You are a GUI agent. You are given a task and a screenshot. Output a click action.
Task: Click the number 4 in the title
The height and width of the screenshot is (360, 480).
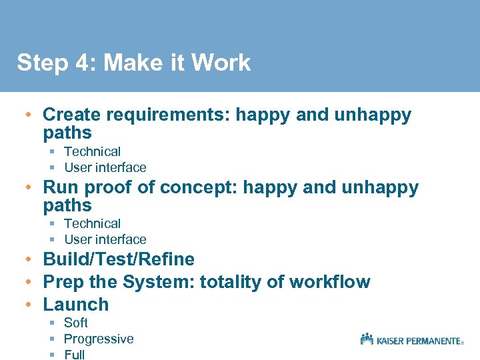pos(82,63)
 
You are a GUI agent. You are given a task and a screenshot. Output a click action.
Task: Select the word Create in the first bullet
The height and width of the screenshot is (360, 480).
pos(73,115)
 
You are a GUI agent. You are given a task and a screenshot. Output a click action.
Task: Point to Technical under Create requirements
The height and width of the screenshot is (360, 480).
pos(92,152)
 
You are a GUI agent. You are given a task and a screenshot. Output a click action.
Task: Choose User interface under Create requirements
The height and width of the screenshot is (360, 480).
pos(105,168)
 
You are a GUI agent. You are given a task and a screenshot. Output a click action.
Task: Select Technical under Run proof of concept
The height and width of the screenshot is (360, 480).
pos(92,224)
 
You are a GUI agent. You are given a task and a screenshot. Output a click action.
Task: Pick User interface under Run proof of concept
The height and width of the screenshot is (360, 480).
pos(105,240)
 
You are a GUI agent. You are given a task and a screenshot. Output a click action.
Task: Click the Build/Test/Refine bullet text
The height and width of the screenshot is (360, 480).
pos(119,259)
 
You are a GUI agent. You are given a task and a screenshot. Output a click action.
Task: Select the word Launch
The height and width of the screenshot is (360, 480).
pos(75,305)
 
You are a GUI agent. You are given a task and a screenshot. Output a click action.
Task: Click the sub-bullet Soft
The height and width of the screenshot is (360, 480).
pos(75,323)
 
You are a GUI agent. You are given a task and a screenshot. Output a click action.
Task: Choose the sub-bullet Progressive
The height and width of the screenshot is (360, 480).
pos(99,339)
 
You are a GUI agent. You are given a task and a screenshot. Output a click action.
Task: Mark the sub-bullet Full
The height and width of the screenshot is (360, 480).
pos(74,355)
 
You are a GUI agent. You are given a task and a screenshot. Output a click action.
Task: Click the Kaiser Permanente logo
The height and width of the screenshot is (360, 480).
pos(411,339)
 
